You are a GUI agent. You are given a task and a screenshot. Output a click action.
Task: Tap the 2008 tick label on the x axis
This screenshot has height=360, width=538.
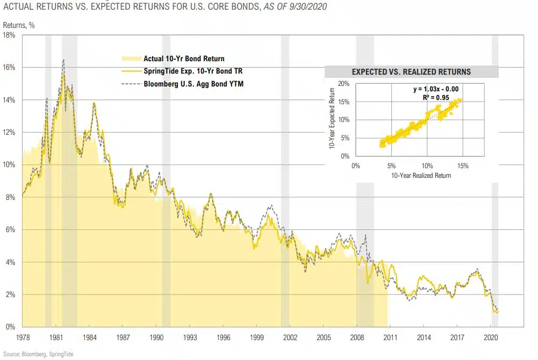point(357,337)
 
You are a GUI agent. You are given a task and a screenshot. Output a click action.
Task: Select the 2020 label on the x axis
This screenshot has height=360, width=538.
point(491,337)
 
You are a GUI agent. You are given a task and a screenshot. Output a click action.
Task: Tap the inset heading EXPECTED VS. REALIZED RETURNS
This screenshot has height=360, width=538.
point(411,71)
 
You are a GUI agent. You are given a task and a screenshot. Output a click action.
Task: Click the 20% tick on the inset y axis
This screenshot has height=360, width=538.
point(344,84)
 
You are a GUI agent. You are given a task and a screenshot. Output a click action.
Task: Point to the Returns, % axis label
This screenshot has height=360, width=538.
point(18,25)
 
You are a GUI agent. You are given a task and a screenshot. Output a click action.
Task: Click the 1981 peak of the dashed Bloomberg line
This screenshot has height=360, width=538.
point(63,59)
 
